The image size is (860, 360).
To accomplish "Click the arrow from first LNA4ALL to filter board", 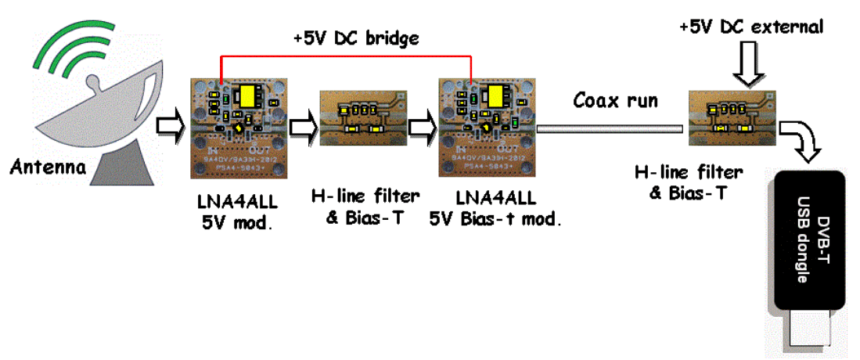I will click(302, 124).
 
